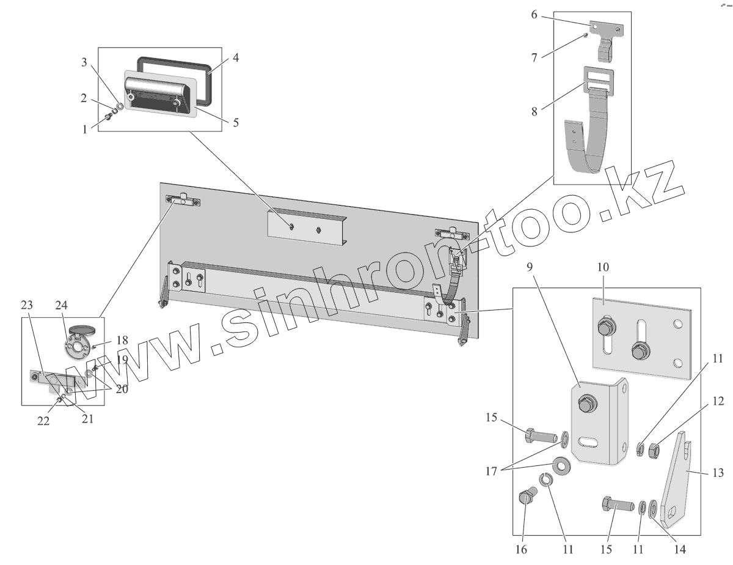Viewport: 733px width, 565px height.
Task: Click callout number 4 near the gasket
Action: (x=235, y=59)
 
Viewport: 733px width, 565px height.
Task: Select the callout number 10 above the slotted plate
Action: (x=604, y=267)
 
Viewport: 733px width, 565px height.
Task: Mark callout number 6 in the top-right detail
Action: (x=534, y=15)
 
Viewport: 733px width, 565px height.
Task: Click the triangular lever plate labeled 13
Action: (x=678, y=483)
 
